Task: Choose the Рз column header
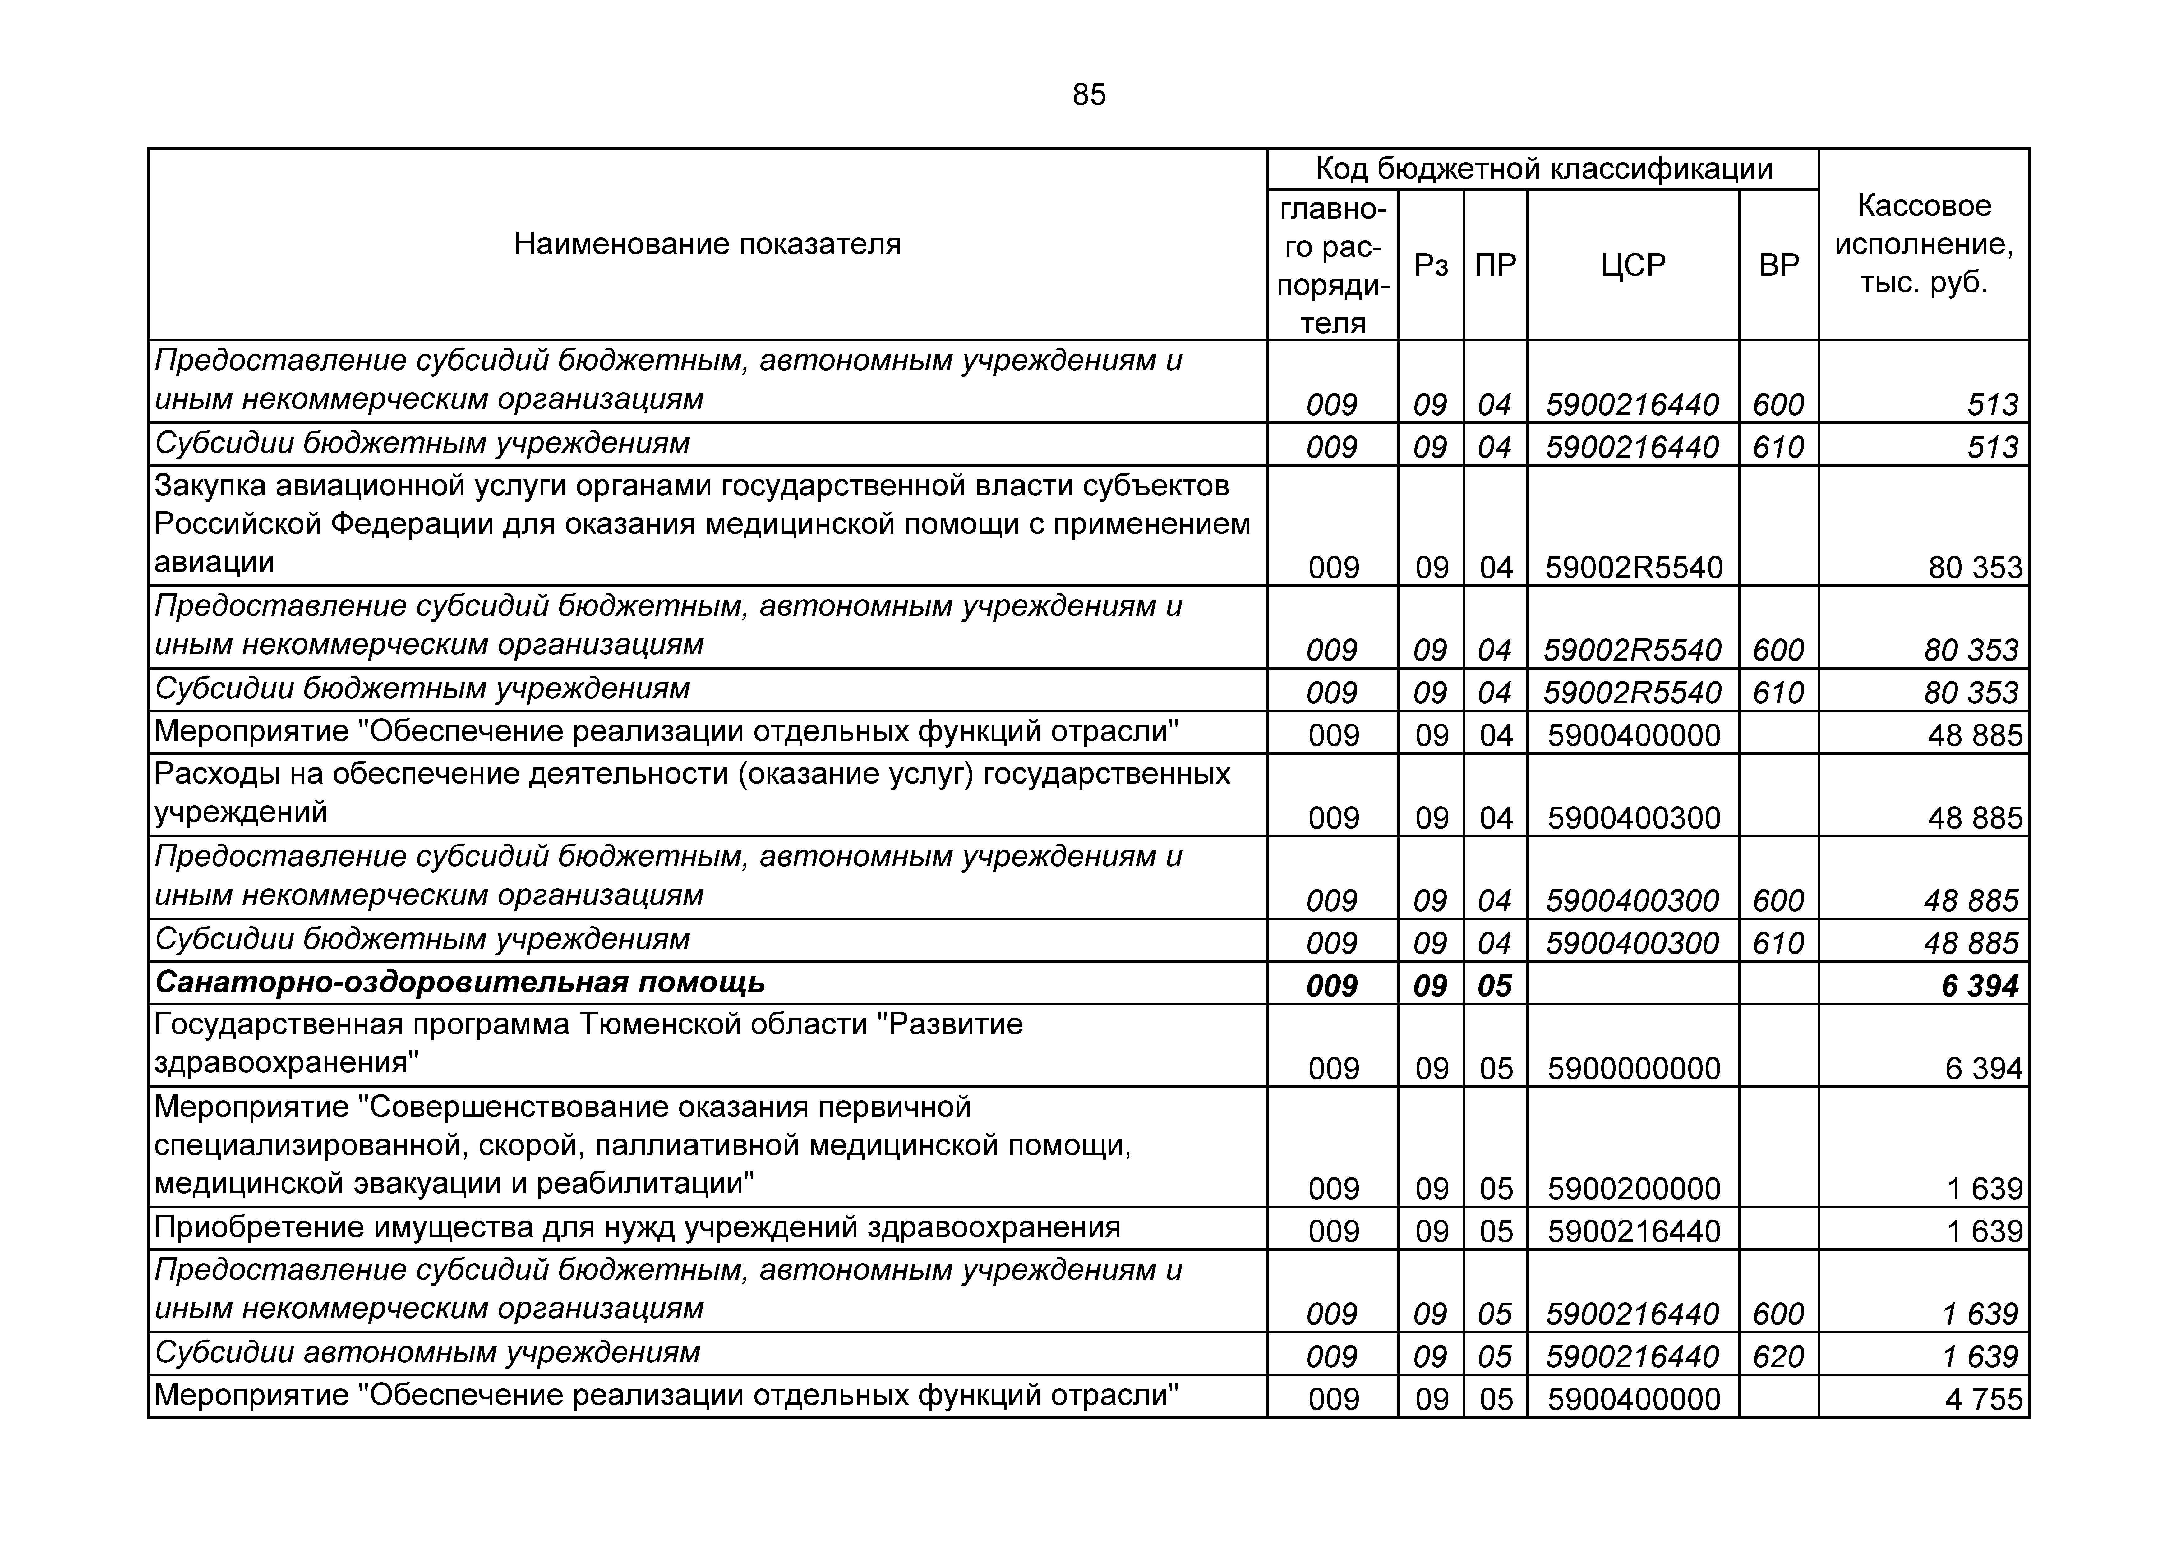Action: [1431, 265]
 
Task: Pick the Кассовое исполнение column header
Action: [1924, 244]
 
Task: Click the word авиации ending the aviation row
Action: [215, 563]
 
